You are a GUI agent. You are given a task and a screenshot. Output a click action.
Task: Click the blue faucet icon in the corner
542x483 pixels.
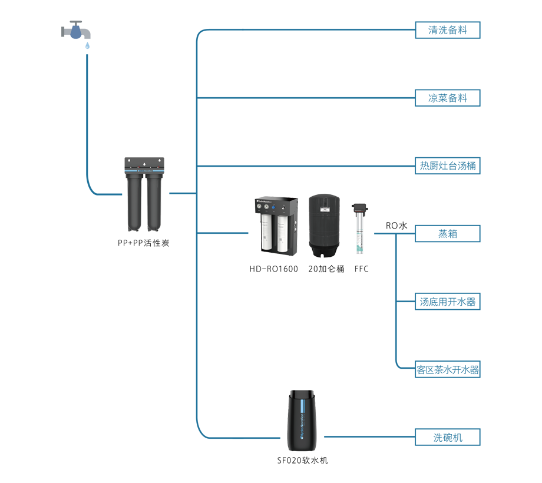(75, 31)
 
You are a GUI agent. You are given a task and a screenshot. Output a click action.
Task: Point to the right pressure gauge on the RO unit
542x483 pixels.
(267, 206)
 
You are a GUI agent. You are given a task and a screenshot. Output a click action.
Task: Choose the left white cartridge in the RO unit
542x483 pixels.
(266, 233)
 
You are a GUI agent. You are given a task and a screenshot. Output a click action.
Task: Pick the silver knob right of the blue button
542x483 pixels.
(284, 209)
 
